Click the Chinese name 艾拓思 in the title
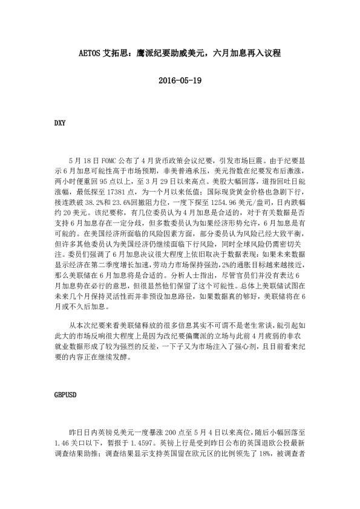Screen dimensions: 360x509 [x=118, y=54]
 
